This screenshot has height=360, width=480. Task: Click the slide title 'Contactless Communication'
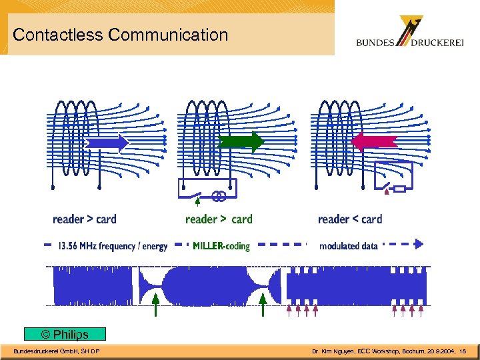pos(121,35)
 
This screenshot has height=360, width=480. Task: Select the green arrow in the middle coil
pos(241,142)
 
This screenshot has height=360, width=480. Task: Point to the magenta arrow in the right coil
pos(374,142)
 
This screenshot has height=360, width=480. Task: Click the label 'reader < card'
pos(350,219)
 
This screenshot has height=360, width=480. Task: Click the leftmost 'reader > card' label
pos(84,219)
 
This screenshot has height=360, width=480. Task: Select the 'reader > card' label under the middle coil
pos(219,219)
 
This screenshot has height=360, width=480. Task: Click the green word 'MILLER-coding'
pos(221,246)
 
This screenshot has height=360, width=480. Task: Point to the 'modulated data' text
pos(348,246)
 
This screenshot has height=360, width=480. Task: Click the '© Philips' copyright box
pos(65,334)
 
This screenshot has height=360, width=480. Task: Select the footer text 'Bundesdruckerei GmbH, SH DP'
pos(57,351)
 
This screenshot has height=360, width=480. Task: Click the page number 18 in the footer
pos(463,351)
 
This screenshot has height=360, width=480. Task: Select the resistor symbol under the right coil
pos(399,189)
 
